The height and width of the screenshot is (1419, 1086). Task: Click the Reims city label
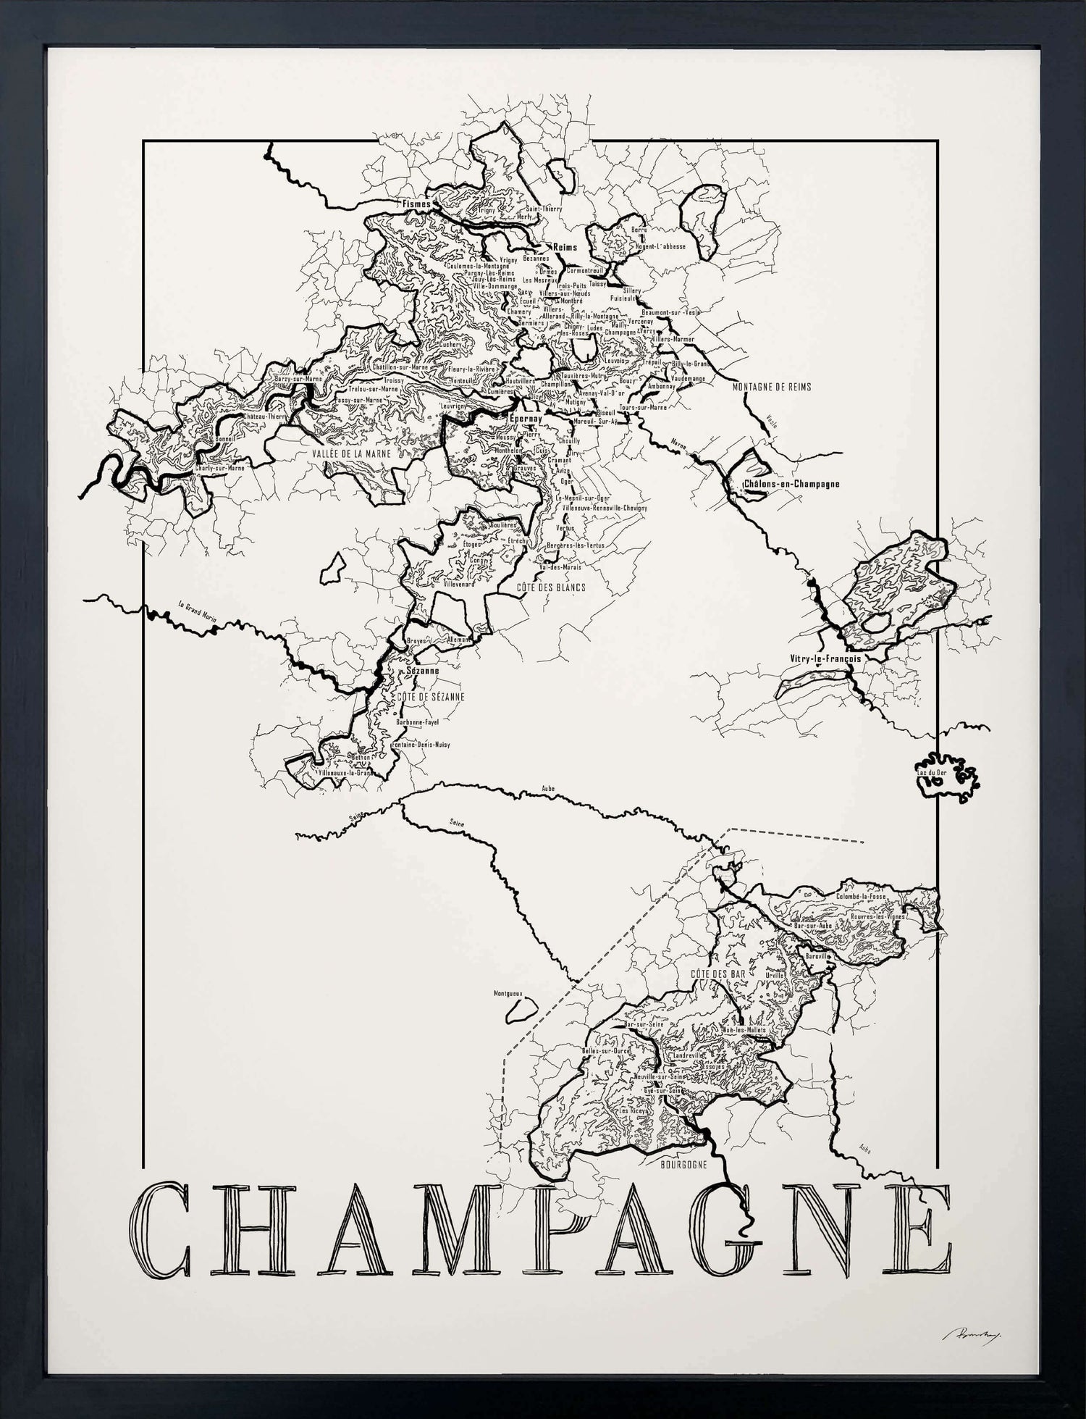click(x=565, y=247)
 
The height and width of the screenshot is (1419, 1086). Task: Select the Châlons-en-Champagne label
click(x=791, y=484)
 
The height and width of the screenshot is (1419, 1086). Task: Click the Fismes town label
click(x=416, y=204)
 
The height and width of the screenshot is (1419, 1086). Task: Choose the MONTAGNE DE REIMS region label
click(x=772, y=387)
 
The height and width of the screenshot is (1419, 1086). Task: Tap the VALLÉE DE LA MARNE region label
click(x=351, y=453)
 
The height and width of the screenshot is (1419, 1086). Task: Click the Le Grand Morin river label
click(x=198, y=611)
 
